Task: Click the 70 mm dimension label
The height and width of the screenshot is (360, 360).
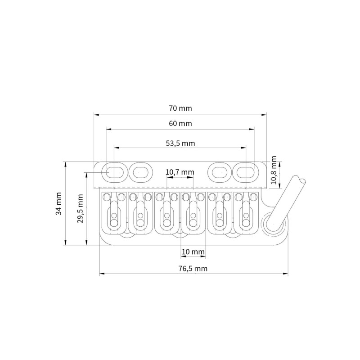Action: (180, 108)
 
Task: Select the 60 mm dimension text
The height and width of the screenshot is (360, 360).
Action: (180, 123)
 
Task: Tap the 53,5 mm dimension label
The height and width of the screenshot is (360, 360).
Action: (180, 144)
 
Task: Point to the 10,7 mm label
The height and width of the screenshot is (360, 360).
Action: (180, 172)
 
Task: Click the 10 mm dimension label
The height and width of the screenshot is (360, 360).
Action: (193, 252)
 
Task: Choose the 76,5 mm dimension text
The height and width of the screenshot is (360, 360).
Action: (193, 268)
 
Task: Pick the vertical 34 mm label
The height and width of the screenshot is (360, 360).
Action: (59, 203)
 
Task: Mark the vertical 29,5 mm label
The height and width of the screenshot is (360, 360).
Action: (80, 208)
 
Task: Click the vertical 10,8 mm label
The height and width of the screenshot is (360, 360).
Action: (274, 170)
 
